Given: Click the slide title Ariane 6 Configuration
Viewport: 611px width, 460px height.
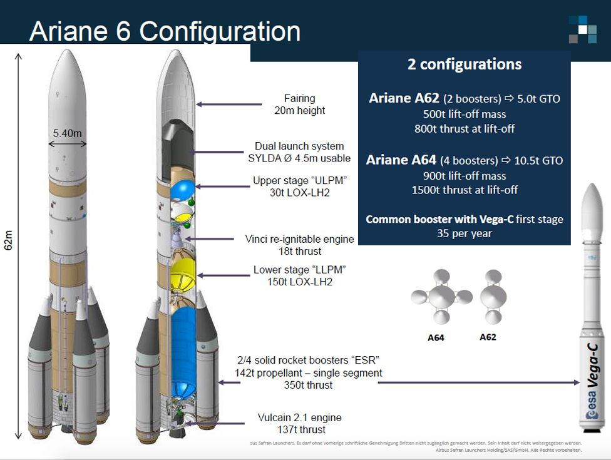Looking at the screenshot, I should (x=165, y=31).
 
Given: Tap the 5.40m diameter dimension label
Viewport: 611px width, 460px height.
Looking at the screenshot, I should (x=67, y=133).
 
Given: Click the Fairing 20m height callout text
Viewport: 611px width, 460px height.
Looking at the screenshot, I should (x=300, y=105).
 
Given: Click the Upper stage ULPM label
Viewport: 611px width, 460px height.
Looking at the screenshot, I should (x=300, y=187).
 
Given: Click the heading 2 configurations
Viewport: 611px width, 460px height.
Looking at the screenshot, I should (x=465, y=64).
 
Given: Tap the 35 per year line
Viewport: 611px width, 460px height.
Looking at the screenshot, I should (x=465, y=233).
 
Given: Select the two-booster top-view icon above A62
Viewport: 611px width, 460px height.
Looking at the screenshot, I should (x=493, y=297).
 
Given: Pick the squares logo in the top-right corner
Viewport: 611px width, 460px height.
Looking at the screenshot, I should (x=582, y=29).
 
